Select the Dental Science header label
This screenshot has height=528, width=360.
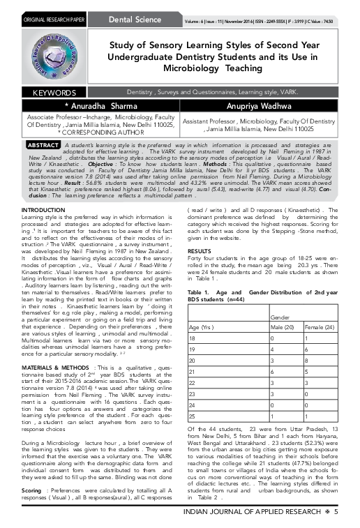134,6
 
